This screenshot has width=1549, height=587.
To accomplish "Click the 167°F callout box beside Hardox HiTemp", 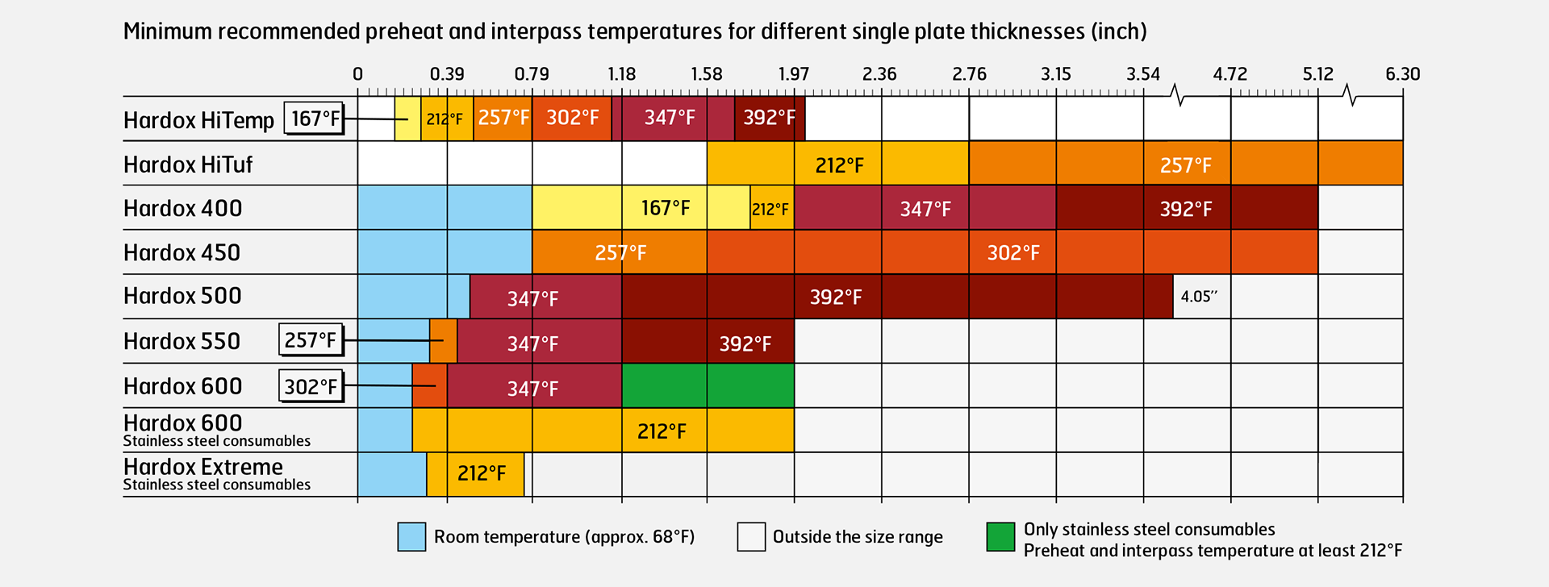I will pos(315,119).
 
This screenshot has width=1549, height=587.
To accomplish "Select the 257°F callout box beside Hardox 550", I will pos(311,340).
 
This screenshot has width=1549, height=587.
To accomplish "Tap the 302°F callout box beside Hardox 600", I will pos(311,386).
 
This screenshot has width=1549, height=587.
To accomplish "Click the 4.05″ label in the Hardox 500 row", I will pos(1200,297).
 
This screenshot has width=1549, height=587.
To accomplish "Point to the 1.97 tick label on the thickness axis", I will pos(793,74).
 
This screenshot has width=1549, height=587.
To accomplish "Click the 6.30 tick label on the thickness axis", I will pos(1402,74).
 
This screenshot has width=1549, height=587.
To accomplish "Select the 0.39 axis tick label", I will pos(447,74).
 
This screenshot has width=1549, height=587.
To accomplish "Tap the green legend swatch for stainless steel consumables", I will pos(1000,537).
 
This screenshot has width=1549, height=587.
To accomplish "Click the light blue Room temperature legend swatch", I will pos(411,537).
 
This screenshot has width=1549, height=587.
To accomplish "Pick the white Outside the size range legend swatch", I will pos(751,537).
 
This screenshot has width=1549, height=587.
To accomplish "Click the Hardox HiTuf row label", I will pos(188,164).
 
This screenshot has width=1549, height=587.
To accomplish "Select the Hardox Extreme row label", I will pos(203,467).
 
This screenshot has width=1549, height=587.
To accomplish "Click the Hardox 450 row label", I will pos(182,252).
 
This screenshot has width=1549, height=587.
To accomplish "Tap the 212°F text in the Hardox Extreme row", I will pos(482,473).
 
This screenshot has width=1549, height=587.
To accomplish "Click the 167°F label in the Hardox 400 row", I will pos(666,208).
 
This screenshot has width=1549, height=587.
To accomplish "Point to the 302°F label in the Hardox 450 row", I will pos(1013,253).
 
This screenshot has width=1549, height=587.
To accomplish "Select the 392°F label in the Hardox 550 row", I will pos(745,344).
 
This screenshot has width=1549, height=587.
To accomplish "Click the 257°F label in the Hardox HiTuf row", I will pos(1186,165).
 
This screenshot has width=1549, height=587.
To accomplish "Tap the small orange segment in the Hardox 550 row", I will pos(443,341).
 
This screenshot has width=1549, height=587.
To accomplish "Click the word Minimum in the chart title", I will pos(167,31).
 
